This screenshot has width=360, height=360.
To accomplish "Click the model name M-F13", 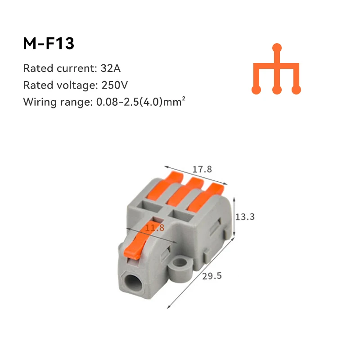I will pos(48,44).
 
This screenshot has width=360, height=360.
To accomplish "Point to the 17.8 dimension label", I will pos(202,169).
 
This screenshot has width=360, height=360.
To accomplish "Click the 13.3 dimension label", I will pos(245,216).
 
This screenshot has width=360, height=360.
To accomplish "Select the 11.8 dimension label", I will pos(154,228).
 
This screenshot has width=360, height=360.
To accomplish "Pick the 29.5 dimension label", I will pos(212,276).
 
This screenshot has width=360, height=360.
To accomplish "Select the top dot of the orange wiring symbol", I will pos(278,47).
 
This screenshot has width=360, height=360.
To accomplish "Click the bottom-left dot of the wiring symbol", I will pos(256,90).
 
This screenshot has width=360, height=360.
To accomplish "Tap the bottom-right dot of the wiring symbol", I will pos(296,90).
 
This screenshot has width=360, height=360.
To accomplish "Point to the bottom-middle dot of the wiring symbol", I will pos(277,90).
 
